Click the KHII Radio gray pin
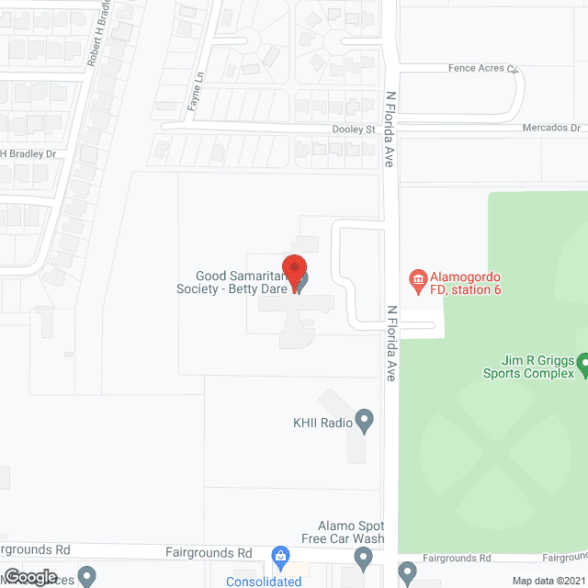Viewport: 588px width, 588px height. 365,422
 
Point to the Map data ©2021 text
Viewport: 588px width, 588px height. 548,581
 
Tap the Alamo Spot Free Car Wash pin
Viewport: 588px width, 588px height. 363,557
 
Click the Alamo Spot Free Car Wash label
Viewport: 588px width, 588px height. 344,532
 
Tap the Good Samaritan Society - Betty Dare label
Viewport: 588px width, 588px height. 241,281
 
